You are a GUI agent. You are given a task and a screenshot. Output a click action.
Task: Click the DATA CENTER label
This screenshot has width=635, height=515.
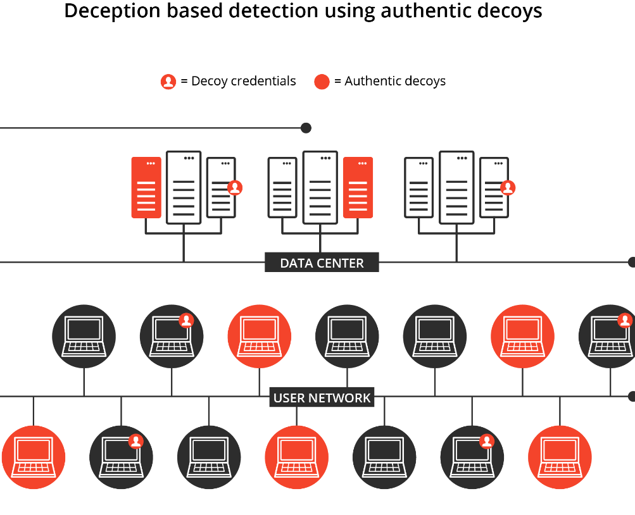point(322,263)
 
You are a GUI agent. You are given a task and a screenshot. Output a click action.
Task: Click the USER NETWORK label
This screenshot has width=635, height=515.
point(322,397)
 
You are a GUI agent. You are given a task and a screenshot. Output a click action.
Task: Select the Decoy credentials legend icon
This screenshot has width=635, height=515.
point(168,82)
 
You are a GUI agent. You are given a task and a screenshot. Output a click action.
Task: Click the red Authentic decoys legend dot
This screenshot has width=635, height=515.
point(322,82)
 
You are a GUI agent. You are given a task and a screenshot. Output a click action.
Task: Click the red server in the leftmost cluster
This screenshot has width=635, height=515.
point(146,187)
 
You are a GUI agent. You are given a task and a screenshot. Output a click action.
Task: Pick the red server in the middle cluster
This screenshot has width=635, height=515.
point(358,187)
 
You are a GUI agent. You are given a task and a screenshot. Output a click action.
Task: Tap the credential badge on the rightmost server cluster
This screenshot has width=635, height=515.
point(508,187)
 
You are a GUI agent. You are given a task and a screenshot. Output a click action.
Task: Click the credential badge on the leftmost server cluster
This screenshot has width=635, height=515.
point(235,187)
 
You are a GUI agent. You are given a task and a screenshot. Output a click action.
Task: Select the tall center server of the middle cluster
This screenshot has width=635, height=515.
point(320,187)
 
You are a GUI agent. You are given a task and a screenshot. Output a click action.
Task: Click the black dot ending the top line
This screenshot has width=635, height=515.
point(306,128)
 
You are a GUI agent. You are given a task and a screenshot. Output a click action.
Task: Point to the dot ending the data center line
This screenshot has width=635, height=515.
point(631,262)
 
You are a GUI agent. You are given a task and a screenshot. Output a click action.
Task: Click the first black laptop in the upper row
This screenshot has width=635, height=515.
point(84,336)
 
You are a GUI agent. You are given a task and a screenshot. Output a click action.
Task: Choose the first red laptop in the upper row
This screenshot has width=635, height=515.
point(259,336)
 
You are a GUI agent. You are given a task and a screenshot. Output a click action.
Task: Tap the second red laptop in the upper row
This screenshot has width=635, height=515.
point(522,336)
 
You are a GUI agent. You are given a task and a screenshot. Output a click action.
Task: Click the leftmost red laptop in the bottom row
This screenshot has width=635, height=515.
point(34,457)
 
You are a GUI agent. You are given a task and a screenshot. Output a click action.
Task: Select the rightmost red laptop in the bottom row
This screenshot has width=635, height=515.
point(560,457)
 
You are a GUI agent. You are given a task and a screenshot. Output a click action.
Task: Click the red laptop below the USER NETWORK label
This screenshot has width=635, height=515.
point(296,457)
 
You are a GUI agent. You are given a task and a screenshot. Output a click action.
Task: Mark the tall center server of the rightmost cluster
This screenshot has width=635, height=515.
point(457,187)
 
